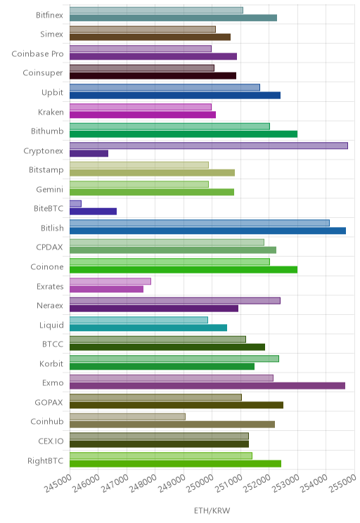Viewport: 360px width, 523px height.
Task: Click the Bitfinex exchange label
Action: coord(49,15)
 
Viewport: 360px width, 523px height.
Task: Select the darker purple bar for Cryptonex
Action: coord(89,153)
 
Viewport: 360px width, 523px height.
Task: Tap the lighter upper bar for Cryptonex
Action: coord(209,146)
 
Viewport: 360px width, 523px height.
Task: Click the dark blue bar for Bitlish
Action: coord(207,231)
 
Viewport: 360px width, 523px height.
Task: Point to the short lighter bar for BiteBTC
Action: coord(75,204)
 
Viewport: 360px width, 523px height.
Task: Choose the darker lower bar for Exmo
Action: coord(207,386)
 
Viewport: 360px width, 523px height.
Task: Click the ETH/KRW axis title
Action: coord(212,510)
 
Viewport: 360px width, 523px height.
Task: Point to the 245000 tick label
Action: coord(58,484)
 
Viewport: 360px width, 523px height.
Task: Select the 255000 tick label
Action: coord(343,484)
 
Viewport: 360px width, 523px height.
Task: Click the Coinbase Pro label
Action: coord(37,53)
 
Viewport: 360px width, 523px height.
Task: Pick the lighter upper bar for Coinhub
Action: coord(127,417)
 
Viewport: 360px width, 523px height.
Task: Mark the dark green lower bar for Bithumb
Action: coord(184,134)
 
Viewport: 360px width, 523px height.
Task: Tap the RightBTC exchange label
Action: coord(45,460)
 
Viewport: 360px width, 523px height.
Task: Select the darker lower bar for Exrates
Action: coord(106,289)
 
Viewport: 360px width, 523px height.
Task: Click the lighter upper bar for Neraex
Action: coord(175,301)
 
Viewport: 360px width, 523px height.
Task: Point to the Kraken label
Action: coord(51,112)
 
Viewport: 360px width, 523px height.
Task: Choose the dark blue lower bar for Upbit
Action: coord(175,96)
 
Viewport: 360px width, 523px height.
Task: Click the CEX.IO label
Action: coord(51,441)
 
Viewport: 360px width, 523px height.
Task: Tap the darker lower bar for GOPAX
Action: coord(176,406)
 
